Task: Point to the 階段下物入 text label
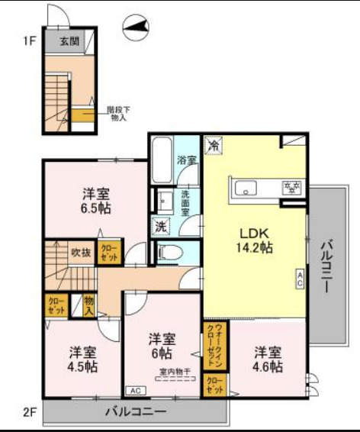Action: click(x=117, y=113)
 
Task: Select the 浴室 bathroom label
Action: click(x=187, y=160)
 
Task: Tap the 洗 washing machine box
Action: click(x=161, y=226)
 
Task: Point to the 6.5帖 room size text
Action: click(x=93, y=208)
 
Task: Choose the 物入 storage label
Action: click(x=88, y=305)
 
